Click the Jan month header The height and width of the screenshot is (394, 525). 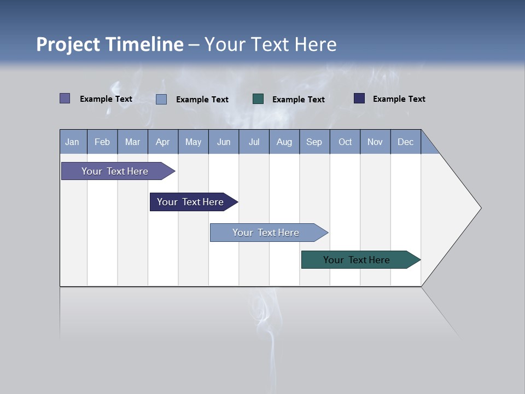coord(72,142)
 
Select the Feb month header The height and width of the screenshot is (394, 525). coord(102,142)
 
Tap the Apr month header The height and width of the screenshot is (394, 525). coord(162,142)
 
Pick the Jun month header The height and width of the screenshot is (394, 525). coord(224,142)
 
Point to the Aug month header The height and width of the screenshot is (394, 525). coord(284,142)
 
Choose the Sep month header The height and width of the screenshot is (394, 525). coord(314,142)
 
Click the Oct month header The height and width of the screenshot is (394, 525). coord(345,142)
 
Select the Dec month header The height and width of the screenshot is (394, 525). coord(405,142)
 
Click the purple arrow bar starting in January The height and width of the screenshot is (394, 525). coord(115,171)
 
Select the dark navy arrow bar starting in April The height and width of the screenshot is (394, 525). coord(190,202)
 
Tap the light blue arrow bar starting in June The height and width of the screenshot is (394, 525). coord(266,233)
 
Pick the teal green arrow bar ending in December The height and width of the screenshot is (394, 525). coord(357,260)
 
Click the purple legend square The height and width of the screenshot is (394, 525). coord(65,99)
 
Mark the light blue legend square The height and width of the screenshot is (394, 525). coord(161,99)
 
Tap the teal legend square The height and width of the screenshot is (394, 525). coord(258,99)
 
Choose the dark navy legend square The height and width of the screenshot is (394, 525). coord(359,99)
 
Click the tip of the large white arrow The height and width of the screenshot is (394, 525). coord(480,208)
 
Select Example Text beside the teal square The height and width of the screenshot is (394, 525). coord(298,100)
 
